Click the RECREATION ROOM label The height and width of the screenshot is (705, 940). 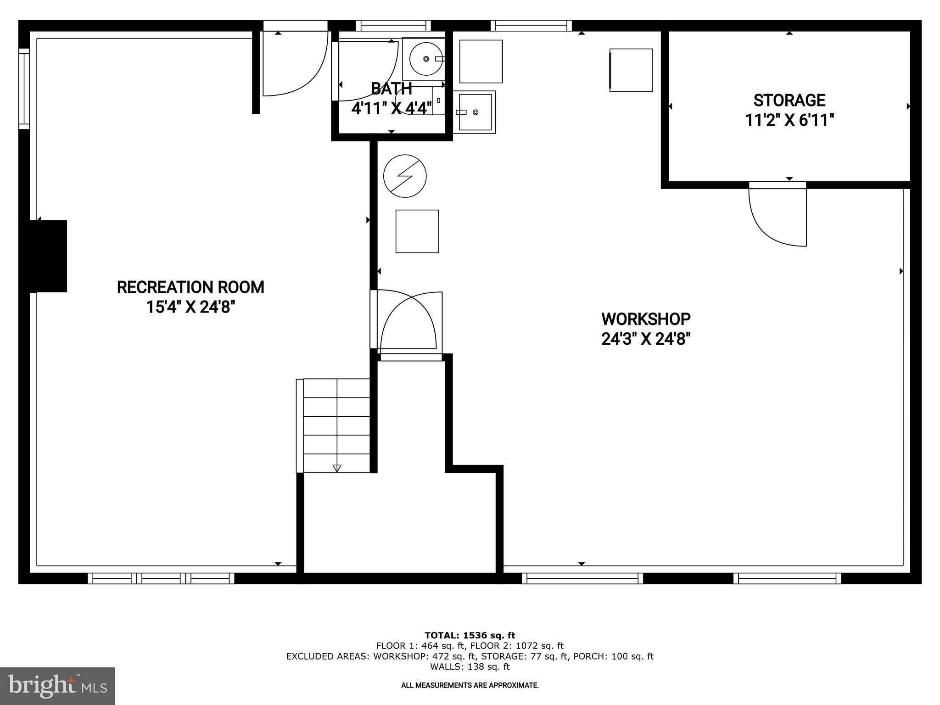click(190, 287)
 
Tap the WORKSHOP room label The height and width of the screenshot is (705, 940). click(645, 319)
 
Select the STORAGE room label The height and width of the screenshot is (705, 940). click(789, 100)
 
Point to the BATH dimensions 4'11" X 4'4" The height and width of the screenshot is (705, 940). click(391, 108)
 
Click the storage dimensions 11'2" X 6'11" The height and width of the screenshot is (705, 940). click(789, 120)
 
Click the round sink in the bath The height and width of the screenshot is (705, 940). click(426, 59)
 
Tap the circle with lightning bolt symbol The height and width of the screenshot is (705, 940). click(405, 176)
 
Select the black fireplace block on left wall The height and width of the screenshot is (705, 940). click(48, 256)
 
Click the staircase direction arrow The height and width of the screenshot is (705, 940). click(337, 468)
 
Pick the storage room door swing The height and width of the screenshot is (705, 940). click(777, 216)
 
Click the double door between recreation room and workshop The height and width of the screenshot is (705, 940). click(406, 321)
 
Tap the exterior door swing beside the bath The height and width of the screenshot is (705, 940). click(294, 64)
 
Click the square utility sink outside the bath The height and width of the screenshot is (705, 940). click(474, 112)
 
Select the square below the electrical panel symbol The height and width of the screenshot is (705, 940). click(417, 231)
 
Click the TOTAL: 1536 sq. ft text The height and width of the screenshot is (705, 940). click(470, 635)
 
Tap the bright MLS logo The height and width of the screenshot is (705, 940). click(57, 686)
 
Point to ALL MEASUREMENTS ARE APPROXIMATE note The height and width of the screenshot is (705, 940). click(470, 685)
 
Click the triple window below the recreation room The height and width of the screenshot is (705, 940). click(161, 578)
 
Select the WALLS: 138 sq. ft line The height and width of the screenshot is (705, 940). click(470, 666)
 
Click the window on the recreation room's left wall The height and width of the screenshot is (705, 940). click(24, 89)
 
